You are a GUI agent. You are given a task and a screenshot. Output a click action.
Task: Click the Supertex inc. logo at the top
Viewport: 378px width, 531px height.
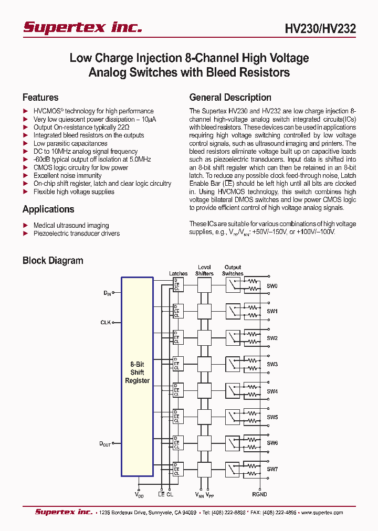pyautogui.click(x=82, y=27)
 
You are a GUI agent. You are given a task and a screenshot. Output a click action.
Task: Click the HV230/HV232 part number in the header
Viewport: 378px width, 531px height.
pyautogui.click(x=321, y=29)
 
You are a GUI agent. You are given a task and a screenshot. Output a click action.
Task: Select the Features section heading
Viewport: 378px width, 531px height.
pyautogui.click(x=40, y=98)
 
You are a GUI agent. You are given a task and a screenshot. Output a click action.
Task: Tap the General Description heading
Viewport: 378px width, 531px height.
pyautogui.click(x=230, y=98)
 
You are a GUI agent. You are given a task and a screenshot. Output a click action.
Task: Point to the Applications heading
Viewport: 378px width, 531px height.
pyautogui.click(x=48, y=209)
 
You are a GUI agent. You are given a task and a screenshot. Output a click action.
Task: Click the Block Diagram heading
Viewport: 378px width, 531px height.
pyautogui.click(x=52, y=261)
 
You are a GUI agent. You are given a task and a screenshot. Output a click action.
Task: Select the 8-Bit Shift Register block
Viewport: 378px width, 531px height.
pyautogui.click(x=137, y=373)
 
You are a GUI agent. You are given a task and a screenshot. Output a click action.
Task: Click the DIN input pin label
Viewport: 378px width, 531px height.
pyautogui.click(x=107, y=293)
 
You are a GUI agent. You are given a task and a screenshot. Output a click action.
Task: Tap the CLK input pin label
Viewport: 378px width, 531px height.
pyautogui.click(x=106, y=323)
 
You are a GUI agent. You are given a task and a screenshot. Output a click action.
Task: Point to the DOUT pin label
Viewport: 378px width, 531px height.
pyautogui.click(x=106, y=444)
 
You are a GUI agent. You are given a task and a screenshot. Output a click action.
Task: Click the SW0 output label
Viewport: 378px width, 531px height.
pyautogui.click(x=272, y=286)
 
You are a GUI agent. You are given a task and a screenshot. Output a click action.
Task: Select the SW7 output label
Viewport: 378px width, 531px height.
pyautogui.click(x=272, y=469)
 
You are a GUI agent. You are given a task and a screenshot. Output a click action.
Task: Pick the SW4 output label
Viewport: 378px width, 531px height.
pyautogui.click(x=272, y=391)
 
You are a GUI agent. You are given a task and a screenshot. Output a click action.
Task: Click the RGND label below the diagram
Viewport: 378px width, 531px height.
pyautogui.click(x=259, y=494)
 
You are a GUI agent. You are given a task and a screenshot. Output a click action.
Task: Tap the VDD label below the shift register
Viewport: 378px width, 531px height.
pyautogui.click(x=139, y=495)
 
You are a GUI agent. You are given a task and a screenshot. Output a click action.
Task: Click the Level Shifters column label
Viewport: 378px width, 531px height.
pyautogui.click(x=204, y=270)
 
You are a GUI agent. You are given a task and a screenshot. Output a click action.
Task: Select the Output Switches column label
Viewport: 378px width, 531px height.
pyautogui.click(x=233, y=270)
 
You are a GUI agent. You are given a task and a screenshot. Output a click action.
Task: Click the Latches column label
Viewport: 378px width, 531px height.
pyautogui.click(x=178, y=273)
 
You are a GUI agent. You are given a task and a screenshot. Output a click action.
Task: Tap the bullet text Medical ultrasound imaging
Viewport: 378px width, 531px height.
pyautogui.click(x=71, y=225)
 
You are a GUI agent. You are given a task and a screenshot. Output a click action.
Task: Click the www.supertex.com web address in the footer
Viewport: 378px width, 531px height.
pyautogui.click(x=321, y=513)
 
